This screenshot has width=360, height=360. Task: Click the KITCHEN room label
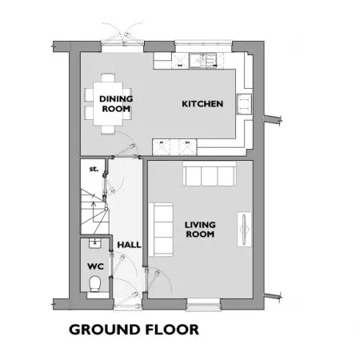pos(202,104)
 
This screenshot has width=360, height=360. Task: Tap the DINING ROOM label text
pos(116,104)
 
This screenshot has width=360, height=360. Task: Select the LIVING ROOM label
pos(200,230)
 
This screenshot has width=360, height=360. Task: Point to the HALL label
pos(129,245)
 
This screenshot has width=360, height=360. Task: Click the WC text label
pos(95,266)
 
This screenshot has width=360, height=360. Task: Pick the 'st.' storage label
pos(94,169)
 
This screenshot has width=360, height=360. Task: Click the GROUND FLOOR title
pos(134,330)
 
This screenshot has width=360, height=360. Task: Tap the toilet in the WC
pos(94,283)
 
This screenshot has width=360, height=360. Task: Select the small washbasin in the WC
pos(94,243)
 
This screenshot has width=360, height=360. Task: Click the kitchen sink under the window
pos(202,61)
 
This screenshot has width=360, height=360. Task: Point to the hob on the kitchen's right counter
pos(244,104)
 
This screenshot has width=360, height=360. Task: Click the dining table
pos(108,103)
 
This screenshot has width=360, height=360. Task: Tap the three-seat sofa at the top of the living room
pos(210,174)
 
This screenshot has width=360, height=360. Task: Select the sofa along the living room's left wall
pos(161,230)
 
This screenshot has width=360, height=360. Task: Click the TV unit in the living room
pos(244,230)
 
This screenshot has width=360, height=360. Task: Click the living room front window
pos(203,304)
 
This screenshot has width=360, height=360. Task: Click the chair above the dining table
pos(108,78)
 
